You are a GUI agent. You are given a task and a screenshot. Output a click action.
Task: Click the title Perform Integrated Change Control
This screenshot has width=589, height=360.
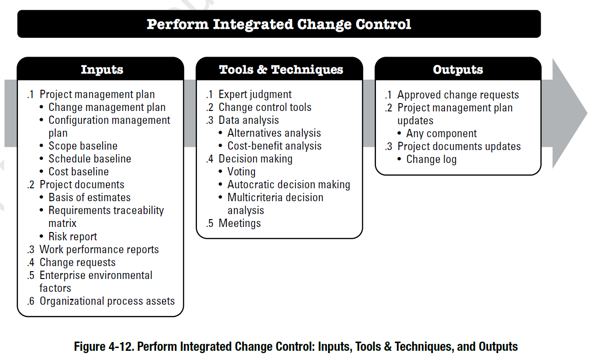pyautogui.click(x=279, y=24)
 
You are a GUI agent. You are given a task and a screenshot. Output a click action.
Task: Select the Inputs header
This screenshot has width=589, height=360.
pyautogui.click(x=102, y=70)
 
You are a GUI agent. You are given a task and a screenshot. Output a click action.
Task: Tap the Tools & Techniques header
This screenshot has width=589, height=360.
pyautogui.click(x=281, y=70)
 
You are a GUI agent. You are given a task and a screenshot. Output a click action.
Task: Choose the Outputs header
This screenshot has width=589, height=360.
pyautogui.click(x=457, y=70)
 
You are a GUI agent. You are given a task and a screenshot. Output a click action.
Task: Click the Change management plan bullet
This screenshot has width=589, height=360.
pyautogui.click(x=107, y=107)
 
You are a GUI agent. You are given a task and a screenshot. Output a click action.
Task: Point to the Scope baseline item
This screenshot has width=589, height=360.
pyautogui.click(x=83, y=146)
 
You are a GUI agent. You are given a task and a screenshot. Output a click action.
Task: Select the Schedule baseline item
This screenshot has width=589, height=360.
pyautogui.click(x=90, y=159)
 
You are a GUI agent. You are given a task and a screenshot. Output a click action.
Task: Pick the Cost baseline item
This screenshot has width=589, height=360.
pyautogui.click(x=79, y=172)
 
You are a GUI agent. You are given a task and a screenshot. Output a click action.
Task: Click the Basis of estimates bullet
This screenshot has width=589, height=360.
pyautogui.click(x=89, y=197)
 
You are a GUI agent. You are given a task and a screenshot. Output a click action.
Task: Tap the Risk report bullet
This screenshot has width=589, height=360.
pyautogui.click(x=73, y=237)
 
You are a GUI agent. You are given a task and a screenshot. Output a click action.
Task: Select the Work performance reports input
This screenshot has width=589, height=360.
pyautogui.click(x=99, y=250)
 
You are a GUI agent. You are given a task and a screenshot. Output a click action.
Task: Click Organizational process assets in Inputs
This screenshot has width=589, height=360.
pyautogui.click(x=107, y=301)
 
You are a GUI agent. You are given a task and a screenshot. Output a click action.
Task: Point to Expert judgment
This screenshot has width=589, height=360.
pyautogui.click(x=255, y=94)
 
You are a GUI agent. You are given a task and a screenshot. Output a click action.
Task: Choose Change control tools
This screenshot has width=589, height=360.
pyautogui.click(x=265, y=107)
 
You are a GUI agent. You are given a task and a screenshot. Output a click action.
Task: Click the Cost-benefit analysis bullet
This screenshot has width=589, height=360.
pyautogui.click(x=274, y=146)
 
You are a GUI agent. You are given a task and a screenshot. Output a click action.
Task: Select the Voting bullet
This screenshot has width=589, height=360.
pyautogui.click(x=241, y=172)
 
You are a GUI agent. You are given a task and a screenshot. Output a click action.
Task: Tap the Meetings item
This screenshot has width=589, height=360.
pyautogui.click(x=239, y=223)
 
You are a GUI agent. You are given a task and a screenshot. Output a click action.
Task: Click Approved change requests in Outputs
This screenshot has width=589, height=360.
pyautogui.click(x=458, y=95)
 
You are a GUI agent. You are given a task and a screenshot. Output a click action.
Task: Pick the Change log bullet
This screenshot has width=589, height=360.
pyautogui.click(x=431, y=159)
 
